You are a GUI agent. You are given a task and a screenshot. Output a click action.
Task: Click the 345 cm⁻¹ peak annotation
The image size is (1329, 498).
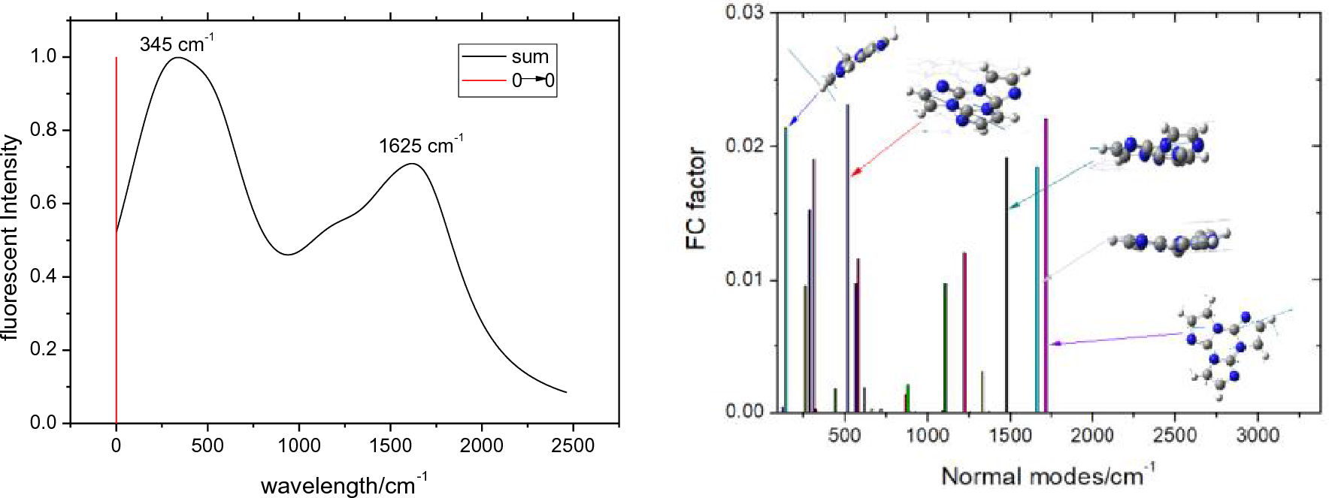176,44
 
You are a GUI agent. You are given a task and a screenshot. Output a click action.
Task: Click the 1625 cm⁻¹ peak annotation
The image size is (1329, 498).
420,145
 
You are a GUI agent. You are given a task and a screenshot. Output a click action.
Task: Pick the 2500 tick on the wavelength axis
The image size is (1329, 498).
573,445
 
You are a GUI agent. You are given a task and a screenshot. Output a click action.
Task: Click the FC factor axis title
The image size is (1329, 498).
696,198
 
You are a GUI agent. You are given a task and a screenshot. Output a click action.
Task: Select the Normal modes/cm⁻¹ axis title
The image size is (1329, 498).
1047,475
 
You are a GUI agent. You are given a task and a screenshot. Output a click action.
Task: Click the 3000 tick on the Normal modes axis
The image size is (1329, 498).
1257,435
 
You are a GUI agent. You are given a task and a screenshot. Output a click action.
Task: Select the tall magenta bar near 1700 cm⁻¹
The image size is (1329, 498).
1046,263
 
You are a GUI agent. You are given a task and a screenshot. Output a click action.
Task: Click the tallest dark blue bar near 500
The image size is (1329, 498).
848,255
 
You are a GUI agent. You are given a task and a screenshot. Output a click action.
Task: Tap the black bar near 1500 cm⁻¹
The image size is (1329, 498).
1007,285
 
